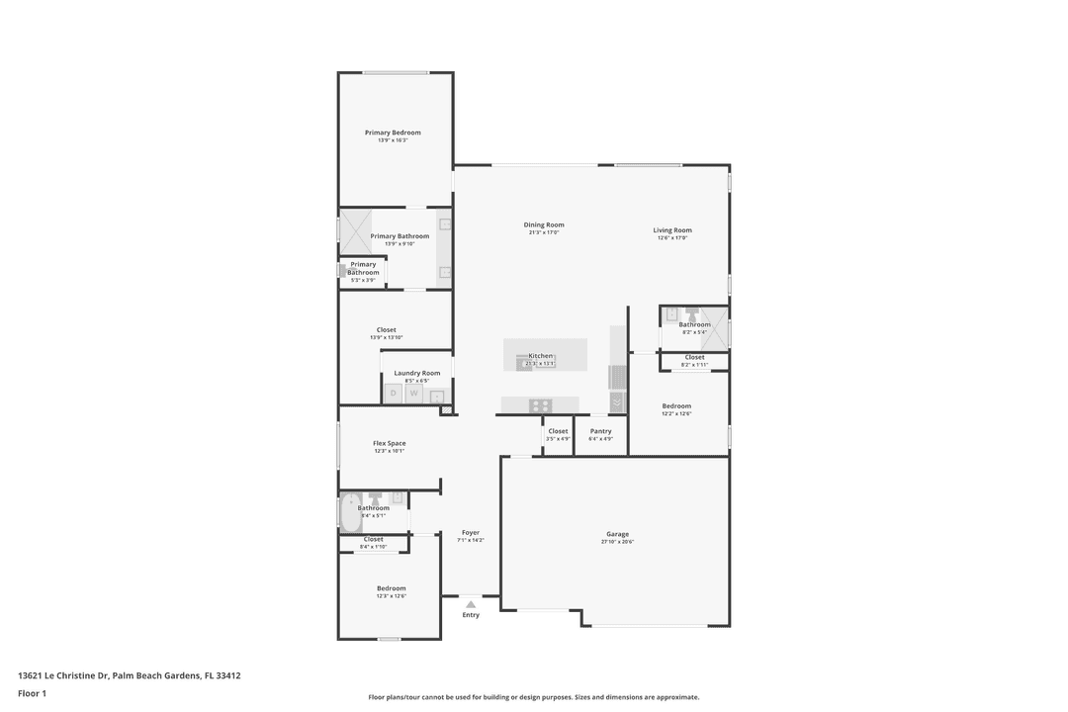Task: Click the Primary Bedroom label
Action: point(393,133)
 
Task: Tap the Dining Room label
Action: point(544,224)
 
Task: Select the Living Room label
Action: point(672,230)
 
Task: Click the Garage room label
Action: point(617,534)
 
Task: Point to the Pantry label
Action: point(600,431)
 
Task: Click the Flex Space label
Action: point(389,443)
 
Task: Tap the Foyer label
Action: point(471,532)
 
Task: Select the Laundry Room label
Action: point(416,373)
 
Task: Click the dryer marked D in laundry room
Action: point(393,394)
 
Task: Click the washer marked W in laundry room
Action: point(414,394)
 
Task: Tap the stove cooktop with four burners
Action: point(540,404)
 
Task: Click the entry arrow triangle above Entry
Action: point(471,603)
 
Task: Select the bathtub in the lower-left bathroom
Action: point(350,513)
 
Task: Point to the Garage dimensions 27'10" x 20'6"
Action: point(618,542)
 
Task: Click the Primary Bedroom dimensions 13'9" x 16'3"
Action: point(393,140)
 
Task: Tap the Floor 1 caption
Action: point(32,694)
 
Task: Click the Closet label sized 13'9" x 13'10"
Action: point(386,330)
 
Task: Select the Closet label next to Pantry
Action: point(558,431)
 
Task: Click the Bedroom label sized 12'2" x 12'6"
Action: point(676,405)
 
